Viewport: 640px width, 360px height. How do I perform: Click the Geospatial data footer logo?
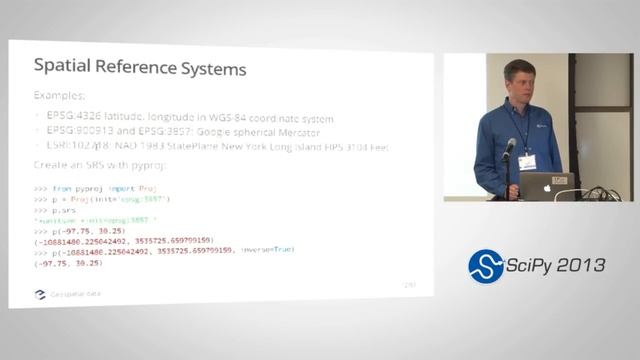click(x=40, y=295)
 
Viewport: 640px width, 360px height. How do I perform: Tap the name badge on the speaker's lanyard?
click(x=526, y=161)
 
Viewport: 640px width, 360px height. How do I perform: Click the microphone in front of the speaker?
click(x=509, y=148)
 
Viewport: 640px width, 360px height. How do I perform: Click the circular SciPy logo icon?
click(x=487, y=265)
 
